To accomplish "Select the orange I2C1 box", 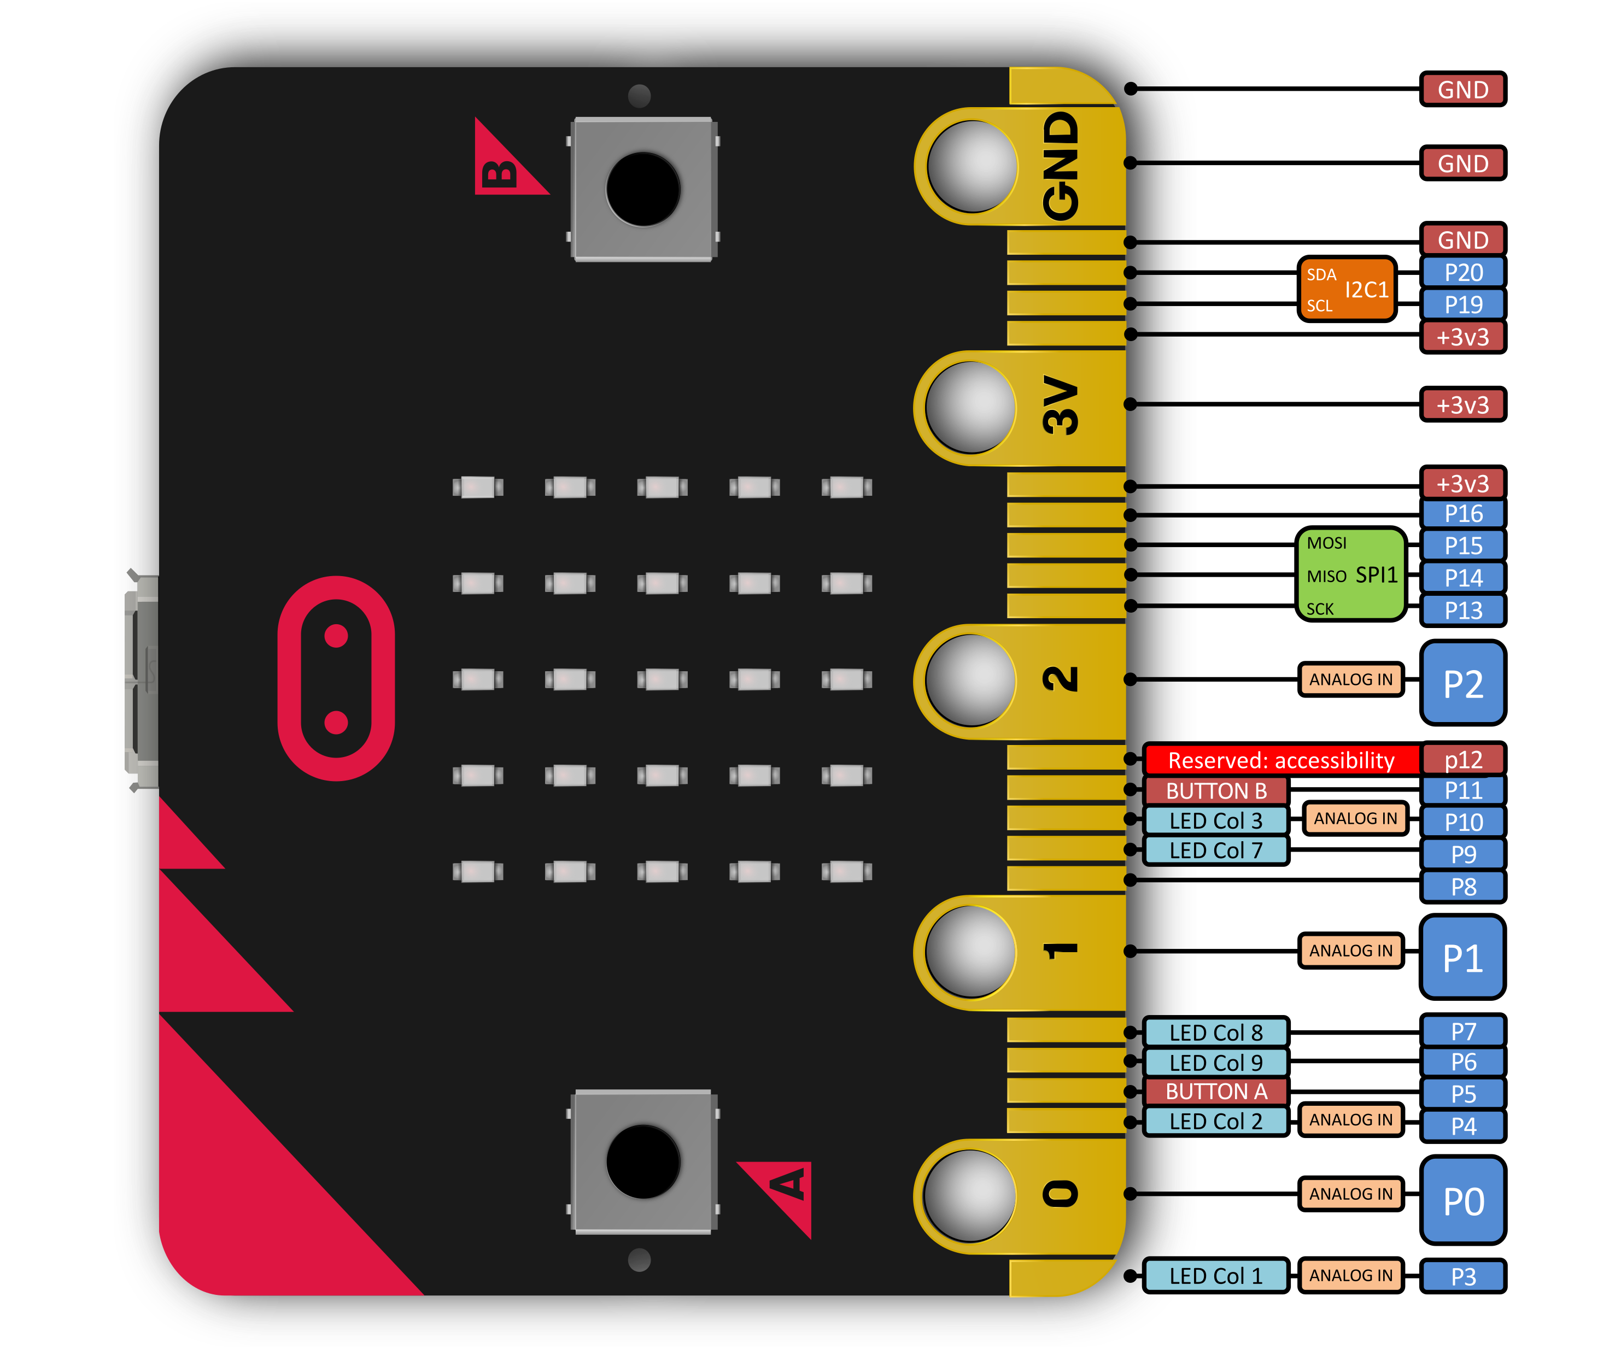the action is point(1347,289).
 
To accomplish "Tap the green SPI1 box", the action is point(1351,574).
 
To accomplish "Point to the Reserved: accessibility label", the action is point(1282,760).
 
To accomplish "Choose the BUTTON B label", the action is point(1216,790).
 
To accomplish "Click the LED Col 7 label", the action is point(1216,850).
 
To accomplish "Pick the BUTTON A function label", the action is point(1216,1091).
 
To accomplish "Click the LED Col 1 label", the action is point(1216,1276).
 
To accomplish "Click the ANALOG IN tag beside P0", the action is point(1351,1194).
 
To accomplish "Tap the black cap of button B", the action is point(643,189).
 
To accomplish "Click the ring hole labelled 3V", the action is point(970,408).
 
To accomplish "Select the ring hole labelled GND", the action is point(972,166).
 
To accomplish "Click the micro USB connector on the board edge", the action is point(142,681).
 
